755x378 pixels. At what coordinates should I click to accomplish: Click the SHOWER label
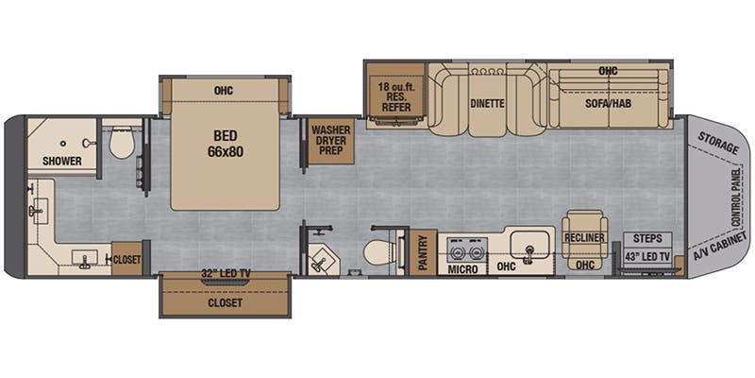tap(61, 161)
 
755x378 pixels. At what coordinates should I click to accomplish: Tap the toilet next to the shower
tap(122, 143)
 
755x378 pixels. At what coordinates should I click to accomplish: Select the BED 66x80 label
tap(226, 144)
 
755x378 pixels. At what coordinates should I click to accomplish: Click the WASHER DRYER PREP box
tap(330, 140)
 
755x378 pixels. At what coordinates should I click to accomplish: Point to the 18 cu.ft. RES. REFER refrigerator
tap(396, 96)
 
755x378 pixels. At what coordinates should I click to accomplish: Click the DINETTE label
tap(488, 103)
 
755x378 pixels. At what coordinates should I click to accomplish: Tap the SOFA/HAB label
tap(609, 103)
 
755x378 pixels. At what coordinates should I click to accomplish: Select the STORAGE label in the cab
tap(717, 143)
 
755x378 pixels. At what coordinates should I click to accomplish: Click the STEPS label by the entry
tap(647, 238)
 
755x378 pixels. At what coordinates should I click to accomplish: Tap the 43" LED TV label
tap(647, 257)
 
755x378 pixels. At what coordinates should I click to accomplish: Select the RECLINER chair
tap(584, 239)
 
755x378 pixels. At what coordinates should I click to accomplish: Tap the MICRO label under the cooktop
tap(462, 269)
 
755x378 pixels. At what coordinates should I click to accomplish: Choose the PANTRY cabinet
tap(423, 252)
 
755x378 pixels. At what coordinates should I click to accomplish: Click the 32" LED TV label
tap(226, 274)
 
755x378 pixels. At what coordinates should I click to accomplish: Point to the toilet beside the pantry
tap(379, 252)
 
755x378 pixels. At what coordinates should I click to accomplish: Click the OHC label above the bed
tap(224, 90)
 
